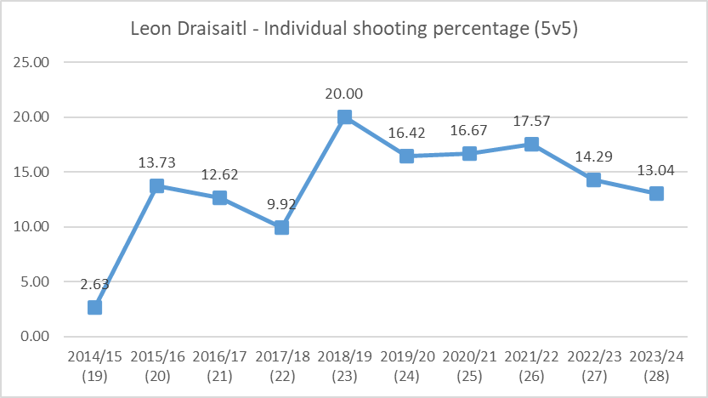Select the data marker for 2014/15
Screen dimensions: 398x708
coord(94,307)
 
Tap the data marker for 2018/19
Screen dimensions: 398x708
coord(344,117)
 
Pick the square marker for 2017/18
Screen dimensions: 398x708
coord(281,227)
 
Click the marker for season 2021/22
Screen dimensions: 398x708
coord(531,144)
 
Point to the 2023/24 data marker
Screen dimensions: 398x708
coord(656,193)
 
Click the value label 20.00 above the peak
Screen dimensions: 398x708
coord(344,94)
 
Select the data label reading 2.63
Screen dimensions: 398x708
coord(94,284)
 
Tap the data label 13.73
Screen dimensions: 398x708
coord(157,162)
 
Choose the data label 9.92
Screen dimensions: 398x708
coord(281,204)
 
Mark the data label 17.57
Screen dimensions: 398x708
coord(531,121)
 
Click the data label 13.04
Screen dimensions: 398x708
coord(656,170)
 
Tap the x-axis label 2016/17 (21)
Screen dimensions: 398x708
coord(219,364)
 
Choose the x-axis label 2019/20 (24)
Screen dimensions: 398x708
coord(406,364)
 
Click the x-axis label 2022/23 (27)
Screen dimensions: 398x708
coord(594,364)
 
